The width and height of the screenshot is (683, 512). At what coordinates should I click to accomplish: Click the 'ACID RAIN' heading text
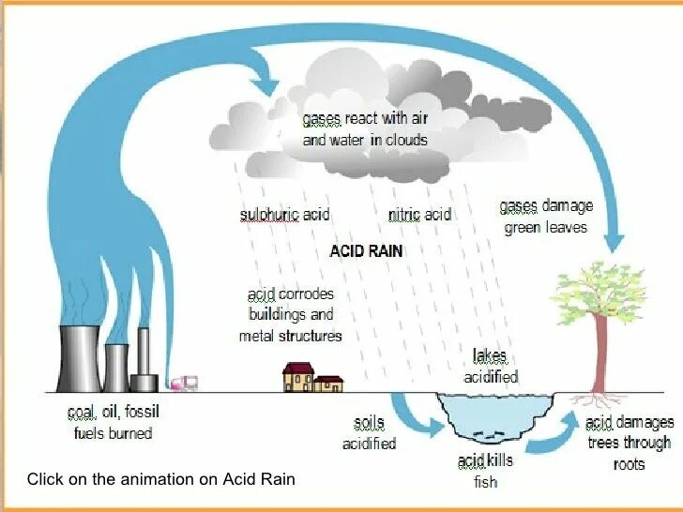(x=366, y=252)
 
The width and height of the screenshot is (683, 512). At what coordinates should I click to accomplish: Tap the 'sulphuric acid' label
(x=285, y=215)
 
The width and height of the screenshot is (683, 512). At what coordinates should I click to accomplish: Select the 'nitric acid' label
(x=419, y=215)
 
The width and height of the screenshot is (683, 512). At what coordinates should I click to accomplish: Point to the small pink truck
(x=184, y=382)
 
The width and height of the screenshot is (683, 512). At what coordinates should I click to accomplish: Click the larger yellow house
(x=297, y=377)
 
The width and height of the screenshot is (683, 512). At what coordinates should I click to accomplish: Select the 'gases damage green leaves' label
(x=546, y=217)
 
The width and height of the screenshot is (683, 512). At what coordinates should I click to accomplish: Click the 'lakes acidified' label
(x=490, y=367)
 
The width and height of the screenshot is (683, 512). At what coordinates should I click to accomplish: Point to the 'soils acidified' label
(x=369, y=433)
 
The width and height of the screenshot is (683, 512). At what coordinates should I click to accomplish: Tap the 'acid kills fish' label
(x=485, y=471)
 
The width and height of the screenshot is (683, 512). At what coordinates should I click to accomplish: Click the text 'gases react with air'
(x=365, y=119)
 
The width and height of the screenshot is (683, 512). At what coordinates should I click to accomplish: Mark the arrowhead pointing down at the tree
(x=614, y=242)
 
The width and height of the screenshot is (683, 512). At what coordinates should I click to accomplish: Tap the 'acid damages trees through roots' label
(x=628, y=443)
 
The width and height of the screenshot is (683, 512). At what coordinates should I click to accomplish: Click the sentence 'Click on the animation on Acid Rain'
(x=160, y=479)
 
